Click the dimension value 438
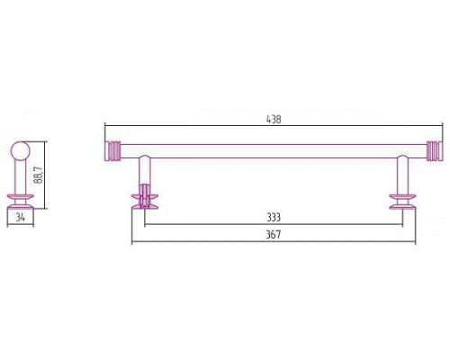274,120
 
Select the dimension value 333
274,217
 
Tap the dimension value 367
274,234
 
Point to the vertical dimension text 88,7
40,175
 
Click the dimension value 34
20,217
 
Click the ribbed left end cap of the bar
112,151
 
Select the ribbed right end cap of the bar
435,151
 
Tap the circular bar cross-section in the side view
21,151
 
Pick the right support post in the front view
402,175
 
